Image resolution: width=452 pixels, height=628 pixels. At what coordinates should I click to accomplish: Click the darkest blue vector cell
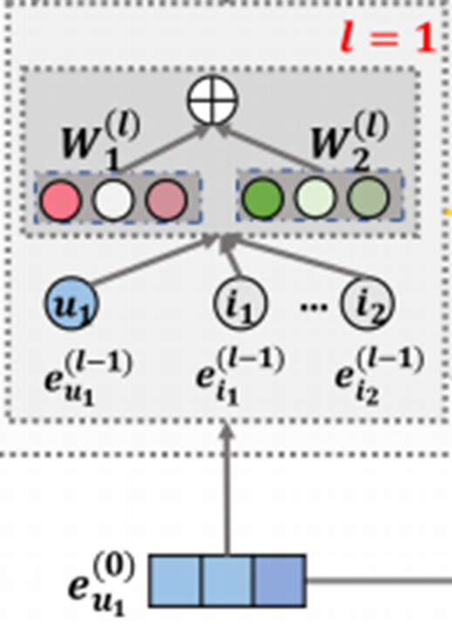coord(279,580)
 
